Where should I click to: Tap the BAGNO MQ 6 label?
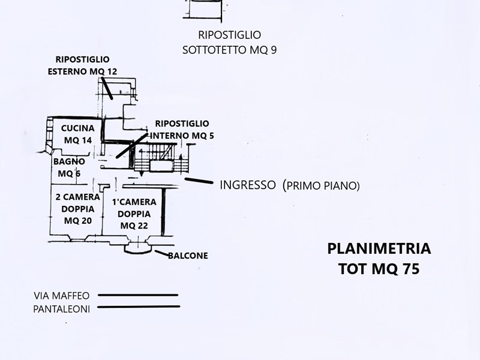click(69, 168)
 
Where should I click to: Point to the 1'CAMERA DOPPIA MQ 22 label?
click(134, 214)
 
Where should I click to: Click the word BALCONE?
click(188, 256)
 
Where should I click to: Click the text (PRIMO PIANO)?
click(321, 186)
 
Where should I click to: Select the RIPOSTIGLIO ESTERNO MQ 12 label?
click(82, 65)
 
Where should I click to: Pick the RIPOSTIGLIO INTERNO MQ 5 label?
click(181, 129)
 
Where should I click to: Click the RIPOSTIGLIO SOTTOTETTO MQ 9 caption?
click(229, 43)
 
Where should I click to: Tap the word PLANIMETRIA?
click(379, 248)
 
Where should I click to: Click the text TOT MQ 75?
click(379, 269)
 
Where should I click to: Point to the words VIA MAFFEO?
click(62, 295)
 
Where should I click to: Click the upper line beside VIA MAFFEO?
click(138, 295)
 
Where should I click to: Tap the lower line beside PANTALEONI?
click(138, 307)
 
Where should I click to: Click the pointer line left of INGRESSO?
click(199, 180)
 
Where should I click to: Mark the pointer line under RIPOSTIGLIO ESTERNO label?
click(107, 89)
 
